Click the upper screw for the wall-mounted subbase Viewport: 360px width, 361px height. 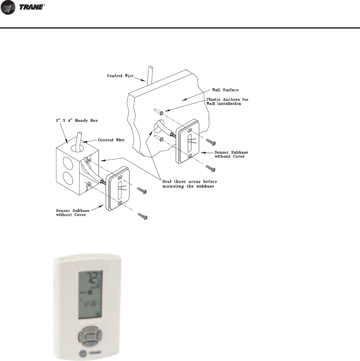coord(212,143)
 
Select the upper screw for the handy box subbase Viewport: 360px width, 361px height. coord(143,192)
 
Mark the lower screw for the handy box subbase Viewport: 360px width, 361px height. coord(143,216)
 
